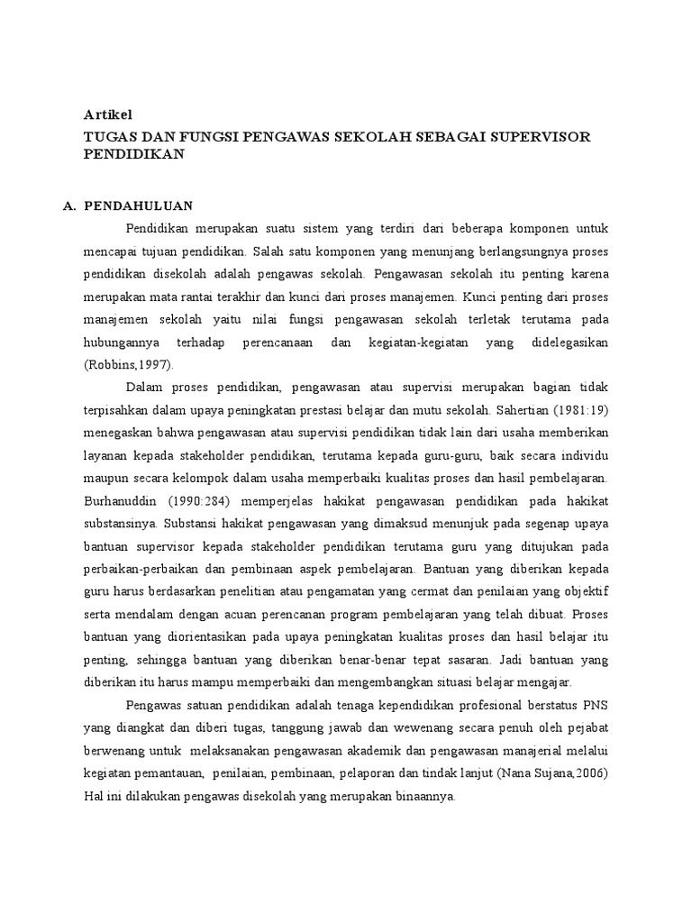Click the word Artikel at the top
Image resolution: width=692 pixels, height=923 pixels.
[x=108, y=115]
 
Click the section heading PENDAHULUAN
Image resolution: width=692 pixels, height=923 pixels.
[x=139, y=206]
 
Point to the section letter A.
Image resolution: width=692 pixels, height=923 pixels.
[x=68, y=206]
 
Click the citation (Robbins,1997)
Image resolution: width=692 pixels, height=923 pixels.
[x=128, y=364]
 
